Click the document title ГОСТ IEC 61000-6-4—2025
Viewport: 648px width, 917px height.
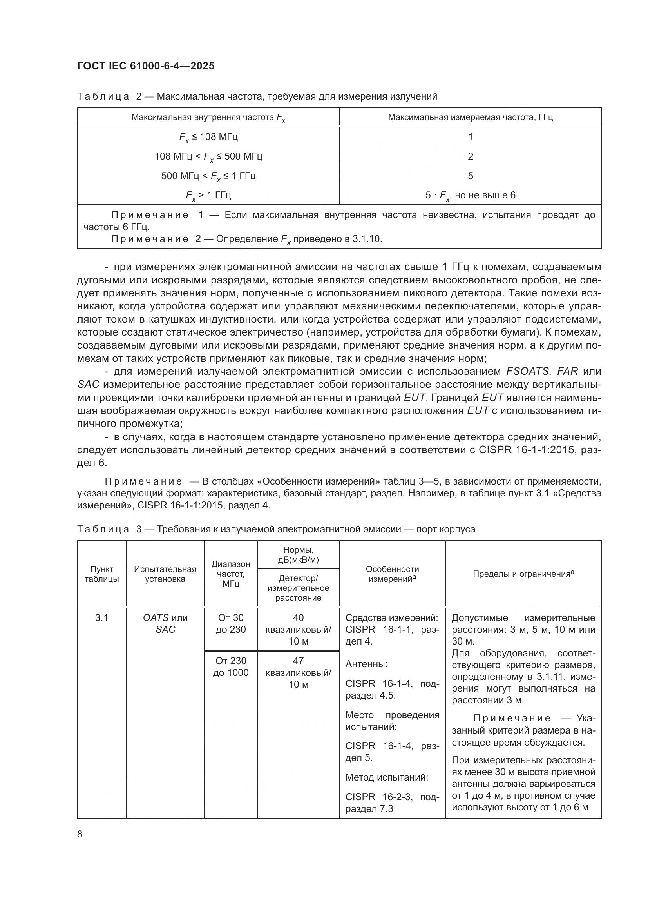146,66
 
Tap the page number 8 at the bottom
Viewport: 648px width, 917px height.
80,834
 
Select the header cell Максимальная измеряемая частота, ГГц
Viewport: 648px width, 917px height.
470,118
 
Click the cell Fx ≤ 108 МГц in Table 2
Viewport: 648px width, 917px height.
208,137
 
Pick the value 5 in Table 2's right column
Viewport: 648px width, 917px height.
471,176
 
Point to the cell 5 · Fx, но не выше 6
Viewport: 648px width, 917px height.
470,196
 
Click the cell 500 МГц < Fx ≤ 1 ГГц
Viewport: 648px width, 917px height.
208,176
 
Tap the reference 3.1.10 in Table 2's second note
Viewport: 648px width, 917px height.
367,239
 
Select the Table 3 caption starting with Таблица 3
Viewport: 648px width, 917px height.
276,529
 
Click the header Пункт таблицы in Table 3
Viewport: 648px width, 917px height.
102,574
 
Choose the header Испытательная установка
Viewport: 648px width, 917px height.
165,574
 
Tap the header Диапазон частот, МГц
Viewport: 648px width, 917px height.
231,574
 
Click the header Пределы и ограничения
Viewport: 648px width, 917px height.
523,574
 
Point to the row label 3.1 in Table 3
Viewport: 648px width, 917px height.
102,618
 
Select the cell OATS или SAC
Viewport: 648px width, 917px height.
165,623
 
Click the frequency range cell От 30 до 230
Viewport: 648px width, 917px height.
231,623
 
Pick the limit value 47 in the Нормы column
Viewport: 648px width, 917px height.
298,661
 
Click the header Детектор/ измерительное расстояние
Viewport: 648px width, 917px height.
298,588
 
